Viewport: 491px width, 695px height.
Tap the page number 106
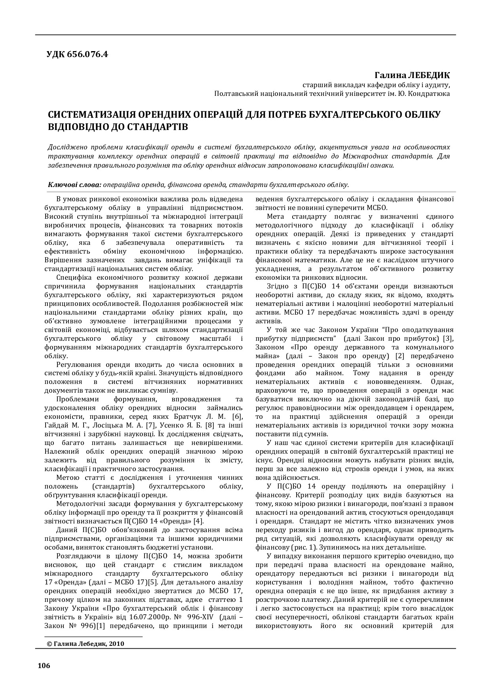[44, 665]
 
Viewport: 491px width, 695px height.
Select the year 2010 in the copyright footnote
[116, 644]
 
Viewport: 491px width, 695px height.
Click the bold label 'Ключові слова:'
[75, 184]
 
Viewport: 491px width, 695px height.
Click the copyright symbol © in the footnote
[49, 644]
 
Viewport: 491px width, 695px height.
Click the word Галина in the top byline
[386, 75]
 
